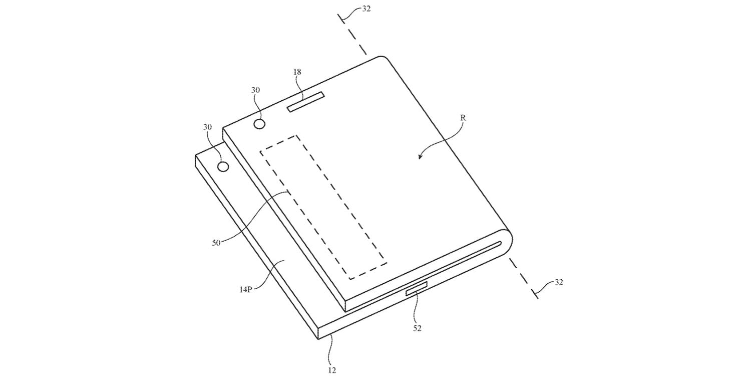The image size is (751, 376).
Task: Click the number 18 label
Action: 297,72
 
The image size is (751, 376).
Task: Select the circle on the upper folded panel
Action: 260,124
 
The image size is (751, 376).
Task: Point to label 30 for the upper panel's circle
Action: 255,90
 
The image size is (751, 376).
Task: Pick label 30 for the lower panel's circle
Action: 208,128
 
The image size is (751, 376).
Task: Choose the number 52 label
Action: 417,329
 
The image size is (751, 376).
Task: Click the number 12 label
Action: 331,370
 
